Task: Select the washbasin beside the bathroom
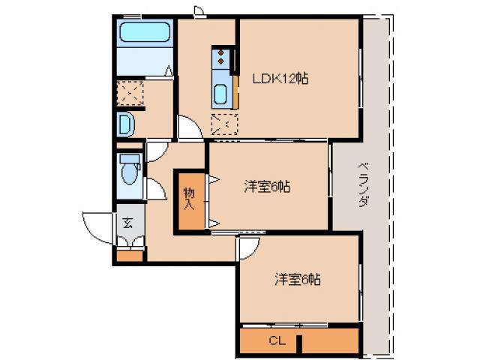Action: pyautogui.click(x=125, y=123)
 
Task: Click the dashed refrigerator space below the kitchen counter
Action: pyautogui.click(x=224, y=124)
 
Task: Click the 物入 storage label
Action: pyautogui.click(x=189, y=198)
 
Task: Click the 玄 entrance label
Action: pyautogui.click(x=127, y=222)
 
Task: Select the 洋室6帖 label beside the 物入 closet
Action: pyautogui.click(x=266, y=187)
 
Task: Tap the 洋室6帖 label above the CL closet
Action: pyautogui.click(x=297, y=280)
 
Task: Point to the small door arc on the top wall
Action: pyautogui.click(x=199, y=10)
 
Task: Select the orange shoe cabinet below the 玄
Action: pyautogui.click(x=129, y=256)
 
